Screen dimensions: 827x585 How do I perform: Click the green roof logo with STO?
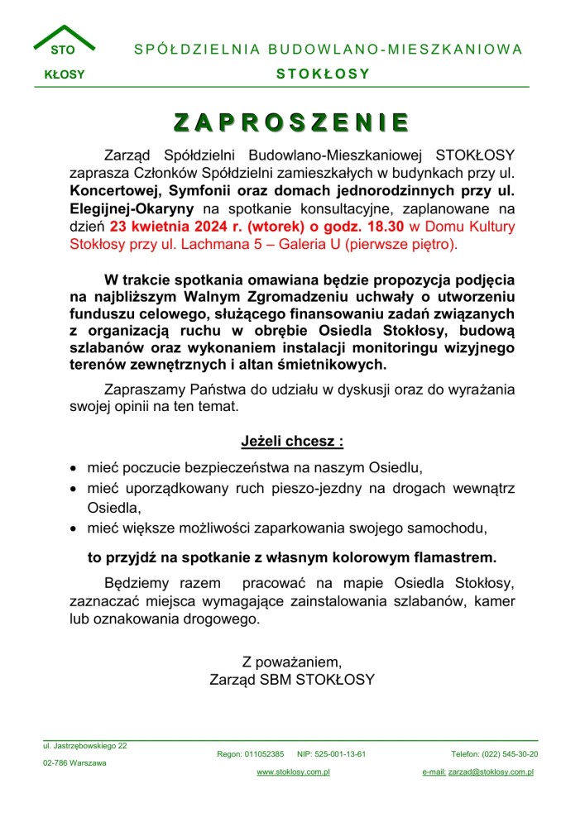[64, 41]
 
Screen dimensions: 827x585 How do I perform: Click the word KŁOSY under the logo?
[64, 74]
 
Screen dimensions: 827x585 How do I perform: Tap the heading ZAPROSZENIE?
[291, 122]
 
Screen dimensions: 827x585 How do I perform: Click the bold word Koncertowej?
[110, 190]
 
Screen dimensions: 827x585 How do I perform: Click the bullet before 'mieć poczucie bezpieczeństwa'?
[74, 468]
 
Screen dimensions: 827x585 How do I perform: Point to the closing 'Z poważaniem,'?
[291, 662]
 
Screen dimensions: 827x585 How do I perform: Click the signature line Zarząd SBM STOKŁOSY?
[291, 680]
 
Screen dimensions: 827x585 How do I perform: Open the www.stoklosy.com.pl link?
[293, 772]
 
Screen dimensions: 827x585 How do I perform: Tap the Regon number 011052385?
[265, 754]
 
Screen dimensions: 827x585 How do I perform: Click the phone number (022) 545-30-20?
[509, 754]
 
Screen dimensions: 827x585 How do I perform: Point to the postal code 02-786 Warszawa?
[74, 763]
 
